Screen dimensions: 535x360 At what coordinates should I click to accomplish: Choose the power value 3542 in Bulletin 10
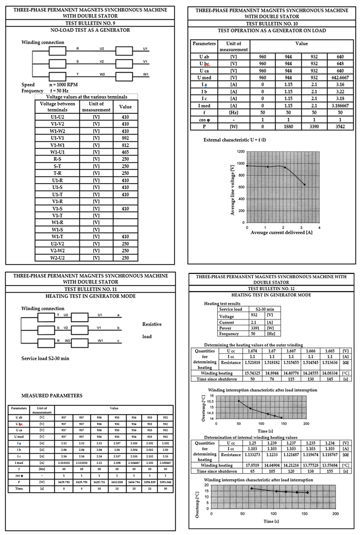(x=340, y=126)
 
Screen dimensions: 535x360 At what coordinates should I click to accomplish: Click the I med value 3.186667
(x=340, y=105)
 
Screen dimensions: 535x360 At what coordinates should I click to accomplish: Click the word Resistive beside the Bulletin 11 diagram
(x=152, y=324)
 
